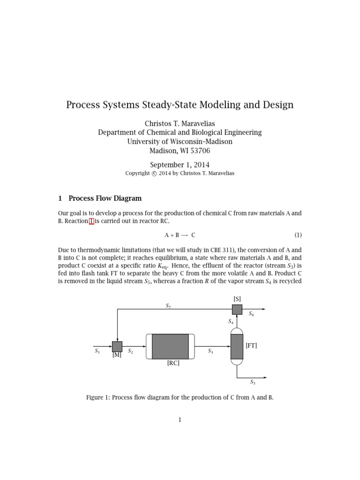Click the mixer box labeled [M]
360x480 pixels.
(117, 346)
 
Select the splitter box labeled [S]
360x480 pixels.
(237, 309)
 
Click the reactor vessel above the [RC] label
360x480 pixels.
(170, 346)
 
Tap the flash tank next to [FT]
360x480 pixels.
(237, 347)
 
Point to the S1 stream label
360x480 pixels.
(97, 351)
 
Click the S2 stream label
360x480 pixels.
(131, 351)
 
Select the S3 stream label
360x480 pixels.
(210, 351)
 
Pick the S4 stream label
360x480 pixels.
(231, 322)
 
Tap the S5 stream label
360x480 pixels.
(253, 382)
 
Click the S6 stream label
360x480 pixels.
(252, 314)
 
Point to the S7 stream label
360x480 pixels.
(168, 306)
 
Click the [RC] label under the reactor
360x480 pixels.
(173, 363)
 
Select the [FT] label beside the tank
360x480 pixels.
(251, 345)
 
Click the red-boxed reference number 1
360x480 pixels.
(91, 221)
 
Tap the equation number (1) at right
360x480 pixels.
(298, 235)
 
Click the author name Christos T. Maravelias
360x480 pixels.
(180, 123)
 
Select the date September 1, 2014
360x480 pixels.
(180, 165)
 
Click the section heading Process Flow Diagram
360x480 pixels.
(105, 198)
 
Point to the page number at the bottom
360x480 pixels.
(180, 420)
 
